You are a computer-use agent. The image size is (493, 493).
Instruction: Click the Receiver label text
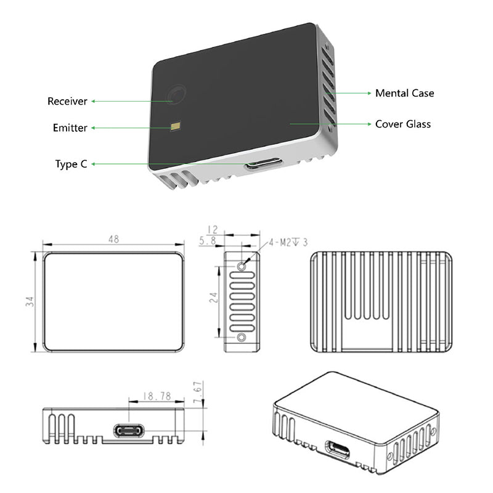(x=67, y=101)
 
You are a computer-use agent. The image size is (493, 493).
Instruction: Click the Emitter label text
(x=70, y=128)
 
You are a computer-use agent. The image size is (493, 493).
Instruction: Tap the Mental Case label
(x=404, y=93)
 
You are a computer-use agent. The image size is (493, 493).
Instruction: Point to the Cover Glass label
(x=403, y=124)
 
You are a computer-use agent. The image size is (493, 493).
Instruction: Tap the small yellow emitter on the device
(x=176, y=126)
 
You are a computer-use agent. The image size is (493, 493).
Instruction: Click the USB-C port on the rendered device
(x=263, y=165)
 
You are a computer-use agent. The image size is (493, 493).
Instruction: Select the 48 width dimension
(x=113, y=239)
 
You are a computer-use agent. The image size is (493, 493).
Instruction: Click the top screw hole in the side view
(x=242, y=266)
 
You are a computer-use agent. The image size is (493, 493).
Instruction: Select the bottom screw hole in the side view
(x=242, y=337)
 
